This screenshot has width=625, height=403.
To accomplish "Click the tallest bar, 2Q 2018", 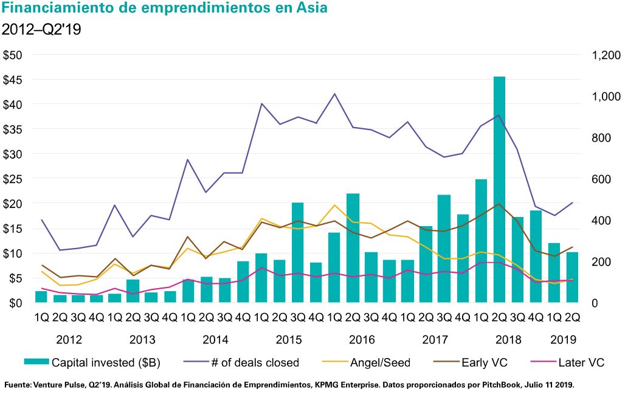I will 499,188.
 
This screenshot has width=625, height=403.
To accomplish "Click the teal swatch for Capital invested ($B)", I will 36,363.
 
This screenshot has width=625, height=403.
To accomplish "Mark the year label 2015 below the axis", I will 289,339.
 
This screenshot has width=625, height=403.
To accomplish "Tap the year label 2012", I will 69,339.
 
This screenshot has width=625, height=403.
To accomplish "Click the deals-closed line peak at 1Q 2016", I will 334,94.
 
